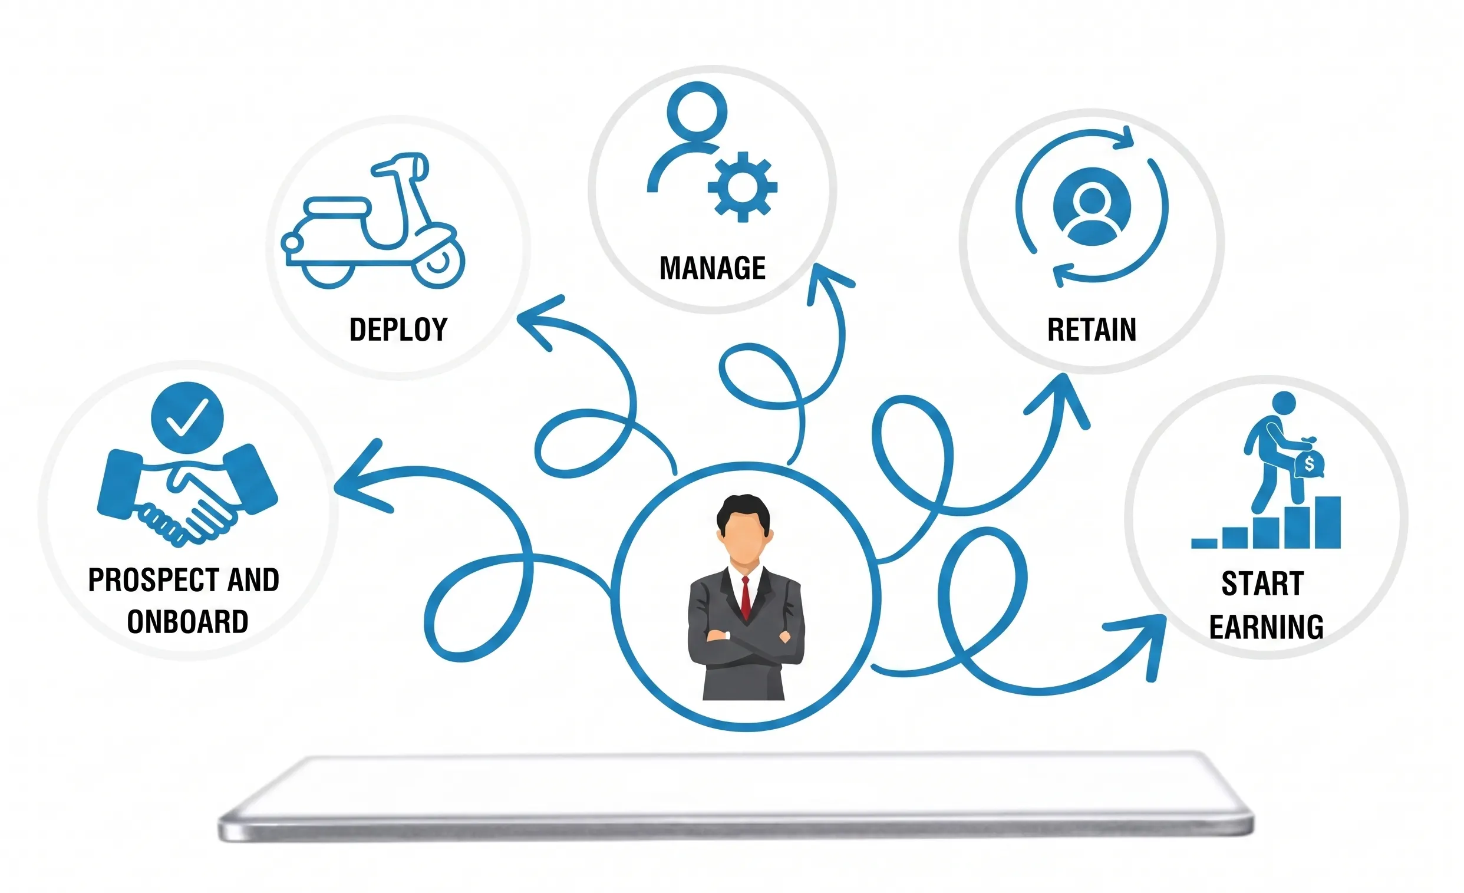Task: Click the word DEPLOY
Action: click(398, 329)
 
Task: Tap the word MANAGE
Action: click(713, 268)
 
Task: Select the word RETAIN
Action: click(1092, 329)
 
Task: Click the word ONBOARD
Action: click(188, 622)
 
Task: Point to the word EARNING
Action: click(1266, 627)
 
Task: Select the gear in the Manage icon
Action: click(742, 187)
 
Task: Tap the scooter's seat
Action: click(337, 209)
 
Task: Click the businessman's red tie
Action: click(746, 597)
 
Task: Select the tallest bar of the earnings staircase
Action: click(1327, 522)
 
